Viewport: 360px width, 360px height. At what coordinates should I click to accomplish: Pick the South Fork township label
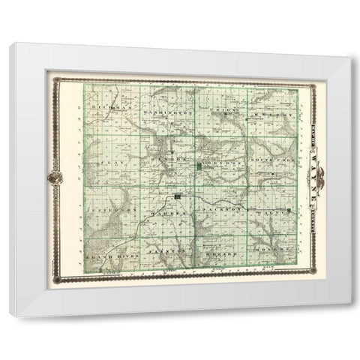pos(271,161)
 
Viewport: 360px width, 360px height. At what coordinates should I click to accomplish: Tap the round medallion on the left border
pos(55,179)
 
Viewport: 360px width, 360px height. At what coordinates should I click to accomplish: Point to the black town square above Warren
pos(178,197)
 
